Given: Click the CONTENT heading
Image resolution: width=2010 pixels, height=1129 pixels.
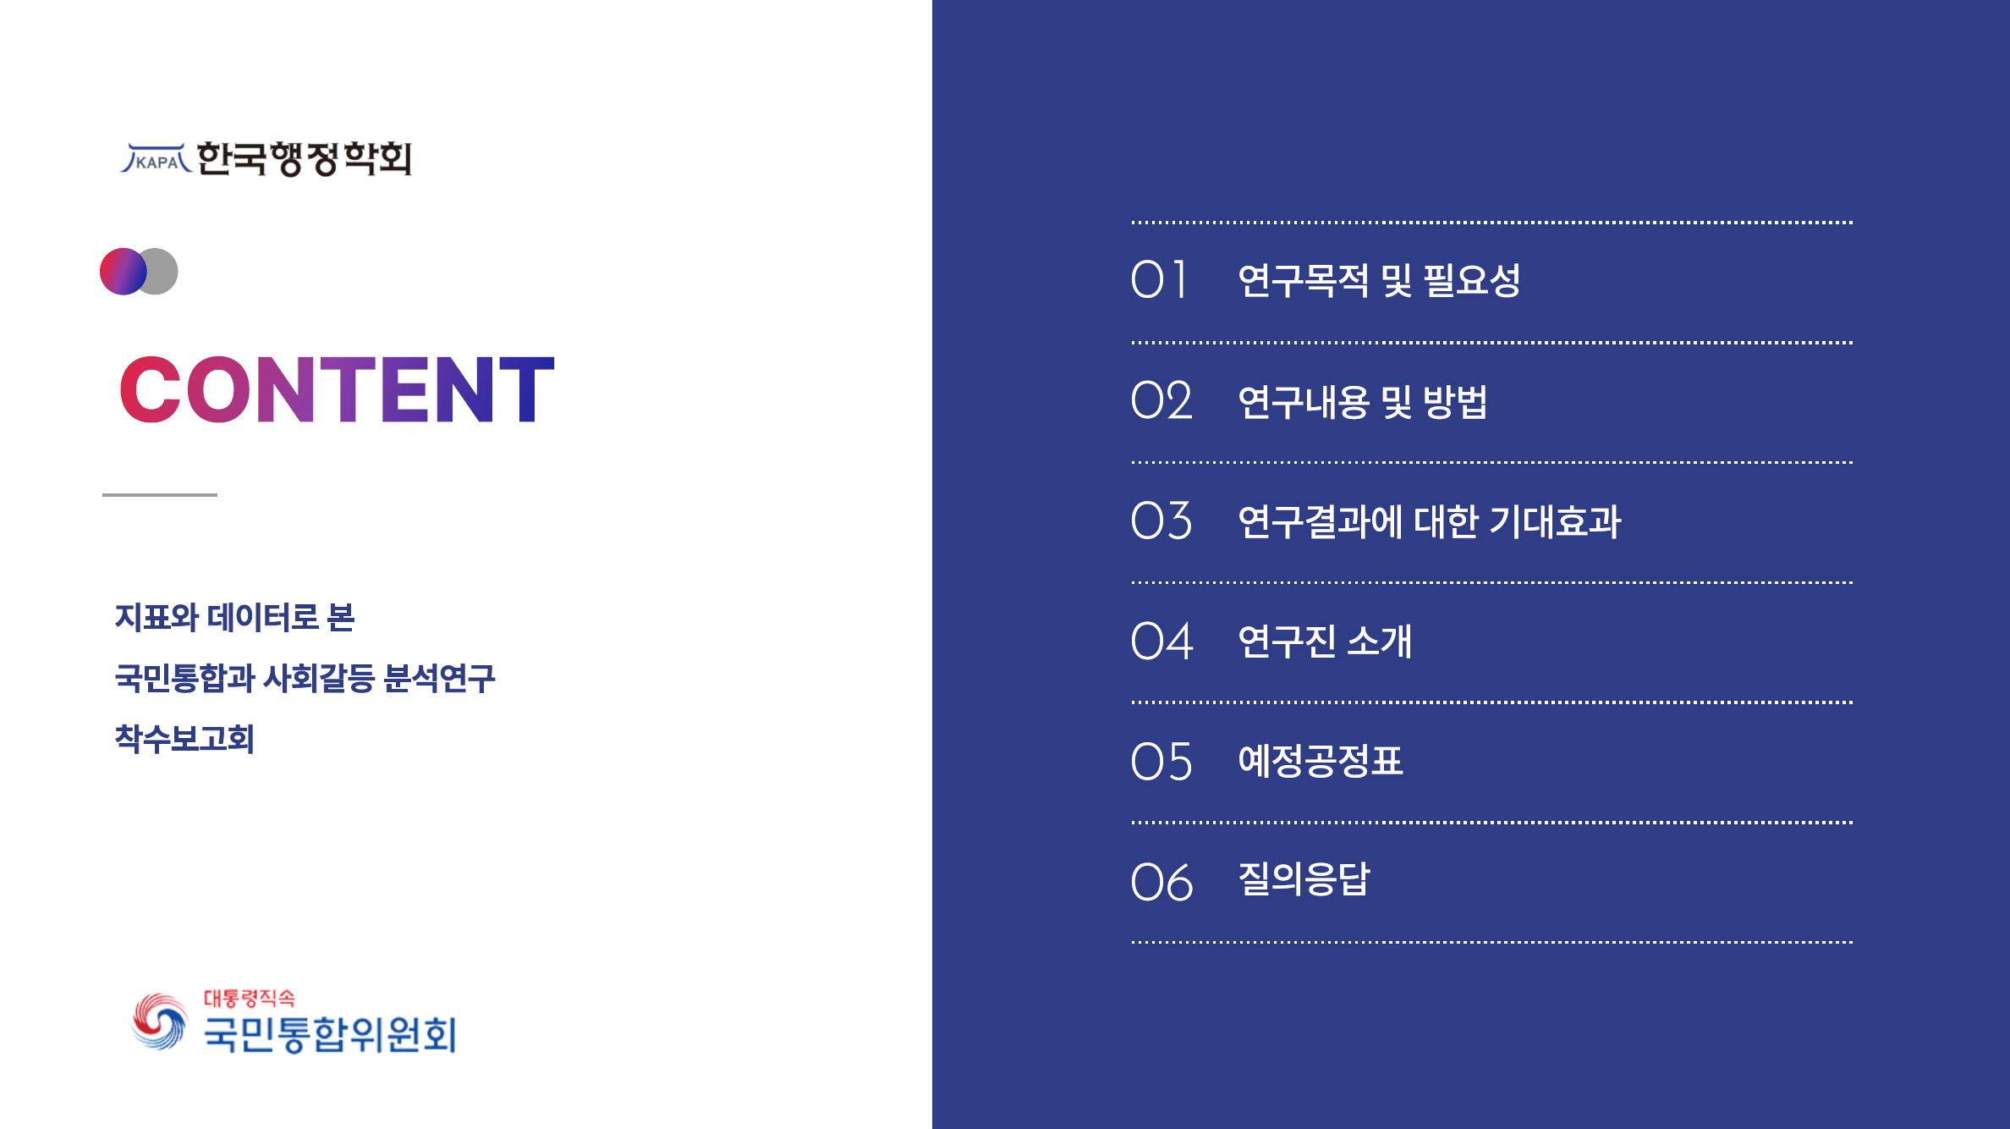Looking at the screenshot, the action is tap(337, 389).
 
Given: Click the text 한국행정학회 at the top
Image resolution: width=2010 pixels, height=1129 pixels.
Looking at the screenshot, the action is tap(305, 158).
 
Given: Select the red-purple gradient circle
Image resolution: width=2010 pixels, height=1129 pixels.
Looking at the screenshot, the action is tap(123, 272).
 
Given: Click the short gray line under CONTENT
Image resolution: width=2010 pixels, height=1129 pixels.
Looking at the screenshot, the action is tap(160, 494).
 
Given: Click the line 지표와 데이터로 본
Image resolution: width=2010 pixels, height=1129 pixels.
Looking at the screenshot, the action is tap(234, 617).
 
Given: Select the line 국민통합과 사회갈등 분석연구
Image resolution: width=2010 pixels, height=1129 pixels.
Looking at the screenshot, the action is tap(305, 678).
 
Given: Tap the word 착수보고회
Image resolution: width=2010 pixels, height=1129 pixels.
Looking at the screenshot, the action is tap(184, 739).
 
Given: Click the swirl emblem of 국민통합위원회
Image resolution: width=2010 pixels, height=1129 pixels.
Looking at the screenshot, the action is tap(159, 1022).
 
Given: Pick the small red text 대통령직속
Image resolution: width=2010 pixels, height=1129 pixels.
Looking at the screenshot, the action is tap(249, 999).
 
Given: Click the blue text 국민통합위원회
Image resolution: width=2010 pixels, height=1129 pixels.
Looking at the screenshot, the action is tap(330, 1034).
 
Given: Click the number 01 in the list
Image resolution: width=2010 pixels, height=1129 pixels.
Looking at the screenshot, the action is tap(1159, 280).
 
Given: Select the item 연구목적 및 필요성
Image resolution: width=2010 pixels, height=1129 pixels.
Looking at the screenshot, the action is tap(1379, 280).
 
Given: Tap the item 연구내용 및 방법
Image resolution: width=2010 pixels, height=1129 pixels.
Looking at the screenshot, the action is tap(1362, 401).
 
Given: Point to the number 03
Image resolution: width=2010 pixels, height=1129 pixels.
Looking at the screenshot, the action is tap(1162, 520).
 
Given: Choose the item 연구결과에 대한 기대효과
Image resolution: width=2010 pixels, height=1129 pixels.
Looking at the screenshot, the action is tap(1430, 520).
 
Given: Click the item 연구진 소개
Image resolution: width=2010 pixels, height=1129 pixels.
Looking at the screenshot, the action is tap(1325, 641).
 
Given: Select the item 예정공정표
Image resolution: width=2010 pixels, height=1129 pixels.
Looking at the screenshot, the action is tap(1320, 761).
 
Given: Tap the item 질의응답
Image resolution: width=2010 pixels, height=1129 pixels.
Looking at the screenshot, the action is tap(1304, 879).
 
